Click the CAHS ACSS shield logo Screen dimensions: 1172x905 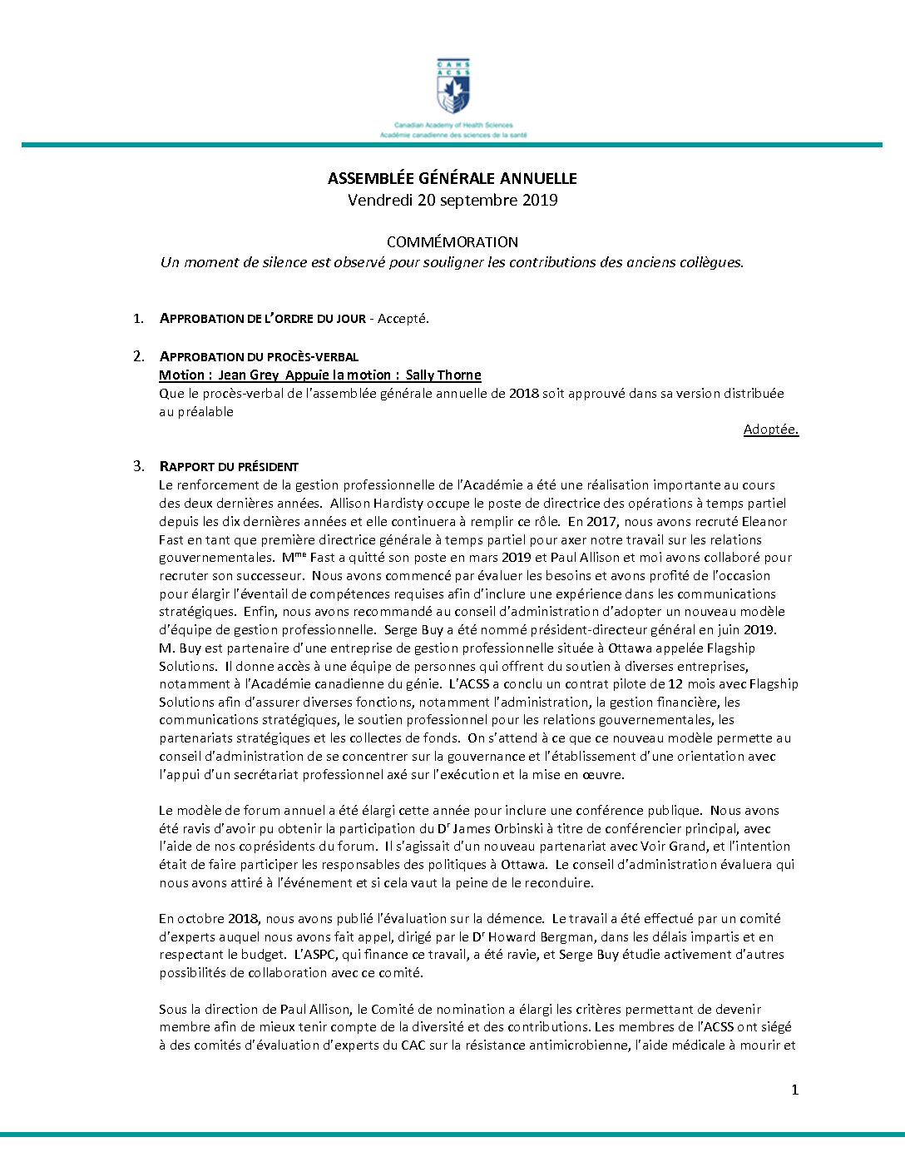pos(452,87)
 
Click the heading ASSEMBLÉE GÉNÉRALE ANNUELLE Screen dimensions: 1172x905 pos(452,179)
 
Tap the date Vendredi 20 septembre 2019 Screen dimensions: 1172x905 pos(452,200)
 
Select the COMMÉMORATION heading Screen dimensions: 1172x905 pos(452,242)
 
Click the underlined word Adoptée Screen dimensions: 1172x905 pos(770,430)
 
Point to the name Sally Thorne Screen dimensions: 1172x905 pos(443,375)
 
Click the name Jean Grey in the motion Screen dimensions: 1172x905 pos(248,375)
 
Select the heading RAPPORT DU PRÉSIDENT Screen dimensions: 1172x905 pos(229,467)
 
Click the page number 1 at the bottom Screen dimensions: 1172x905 pos(794,1090)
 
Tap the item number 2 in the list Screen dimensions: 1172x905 pos(139,356)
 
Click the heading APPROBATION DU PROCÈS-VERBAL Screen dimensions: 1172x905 pos(259,357)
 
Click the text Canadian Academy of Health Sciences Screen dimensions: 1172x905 pos(453,125)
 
